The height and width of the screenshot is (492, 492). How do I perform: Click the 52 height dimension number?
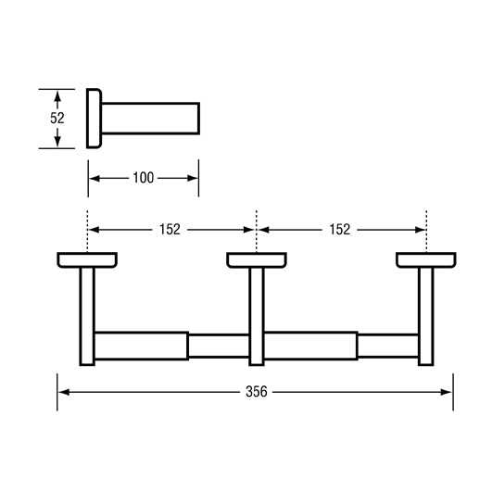(x=57, y=119)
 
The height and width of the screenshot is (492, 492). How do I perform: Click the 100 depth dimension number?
(x=143, y=178)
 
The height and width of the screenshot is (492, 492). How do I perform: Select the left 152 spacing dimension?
(x=169, y=229)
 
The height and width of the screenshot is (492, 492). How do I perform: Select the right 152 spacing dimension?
(x=340, y=229)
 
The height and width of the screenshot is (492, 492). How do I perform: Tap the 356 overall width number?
(x=256, y=392)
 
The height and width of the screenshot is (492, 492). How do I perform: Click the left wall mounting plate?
(x=87, y=259)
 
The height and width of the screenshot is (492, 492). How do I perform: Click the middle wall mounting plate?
(x=256, y=259)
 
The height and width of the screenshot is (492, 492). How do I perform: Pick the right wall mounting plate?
(x=425, y=259)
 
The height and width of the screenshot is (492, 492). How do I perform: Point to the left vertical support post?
(x=87, y=315)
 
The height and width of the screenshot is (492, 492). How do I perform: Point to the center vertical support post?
(x=256, y=315)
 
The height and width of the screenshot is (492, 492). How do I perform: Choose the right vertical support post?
(x=425, y=315)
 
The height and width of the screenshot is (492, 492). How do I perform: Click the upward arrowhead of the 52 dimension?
(x=57, y=95)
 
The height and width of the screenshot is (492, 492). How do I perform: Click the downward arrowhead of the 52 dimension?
(x=57, y=142)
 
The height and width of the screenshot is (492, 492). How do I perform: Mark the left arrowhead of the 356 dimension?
(x=64, y=392)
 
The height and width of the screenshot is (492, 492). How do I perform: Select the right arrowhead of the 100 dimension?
(x=193, y=178)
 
